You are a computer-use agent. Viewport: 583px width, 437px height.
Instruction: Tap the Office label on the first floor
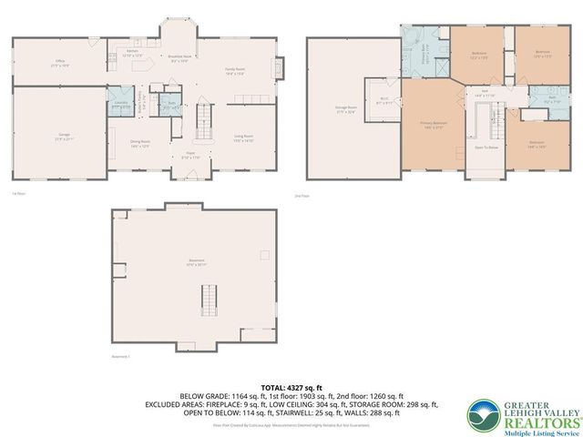59,63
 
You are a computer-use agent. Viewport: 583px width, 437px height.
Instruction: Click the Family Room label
237,71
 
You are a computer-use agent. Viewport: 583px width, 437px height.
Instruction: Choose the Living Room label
241,138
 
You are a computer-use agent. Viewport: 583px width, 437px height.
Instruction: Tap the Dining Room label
139,144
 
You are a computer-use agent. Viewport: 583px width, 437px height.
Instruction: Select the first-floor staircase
204,119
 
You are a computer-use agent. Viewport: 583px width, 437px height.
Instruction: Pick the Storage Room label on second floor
346,111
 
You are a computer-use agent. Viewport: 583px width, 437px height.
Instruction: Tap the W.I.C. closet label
384,101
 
